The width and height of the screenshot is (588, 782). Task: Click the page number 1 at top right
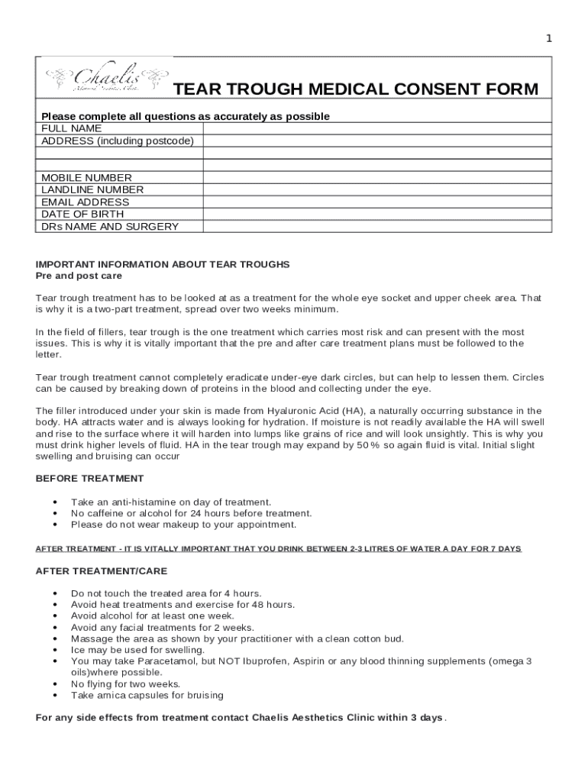pyautogui.click(x=548, y=39)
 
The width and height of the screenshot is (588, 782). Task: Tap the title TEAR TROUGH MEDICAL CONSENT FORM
pyautogui.click(x=355, y=90)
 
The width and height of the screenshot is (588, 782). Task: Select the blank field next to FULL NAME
pyautogui.click(x=376, y=128)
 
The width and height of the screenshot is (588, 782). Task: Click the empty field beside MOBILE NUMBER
pyautogui.click(x=376, y=177)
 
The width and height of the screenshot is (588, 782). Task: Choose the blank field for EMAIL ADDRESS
pyautogui.click(x=376, y=202)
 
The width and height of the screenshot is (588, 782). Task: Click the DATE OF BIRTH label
pyautogui.click(x=82, y=214)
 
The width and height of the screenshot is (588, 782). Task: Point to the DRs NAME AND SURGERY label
pyautogui.click(x=110, y=226)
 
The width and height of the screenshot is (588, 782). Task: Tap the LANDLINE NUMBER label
pyautogui.click(x=92, y=189)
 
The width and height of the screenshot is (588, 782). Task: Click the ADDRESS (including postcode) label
pyautogui.click(x=118, y=141)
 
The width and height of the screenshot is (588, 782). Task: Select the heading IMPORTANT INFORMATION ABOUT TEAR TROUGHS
pyautogui.click(x=163, y=264)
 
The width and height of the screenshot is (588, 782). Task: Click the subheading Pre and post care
pyautogui.click(x=79, y=276)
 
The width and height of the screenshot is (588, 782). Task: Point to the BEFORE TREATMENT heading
pyautogui.click(x=89, y=478)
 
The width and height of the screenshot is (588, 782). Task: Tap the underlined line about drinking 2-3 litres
pyautogui.click(x=279, y=549)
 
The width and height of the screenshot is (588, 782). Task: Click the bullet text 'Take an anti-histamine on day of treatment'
pyautogui.click(x=171, y=502)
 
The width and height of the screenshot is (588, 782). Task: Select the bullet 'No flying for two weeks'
pyautogui.click(x=125, y=683)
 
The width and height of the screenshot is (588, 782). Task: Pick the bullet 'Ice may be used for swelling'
pyautogui.click(x=137, y=649)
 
